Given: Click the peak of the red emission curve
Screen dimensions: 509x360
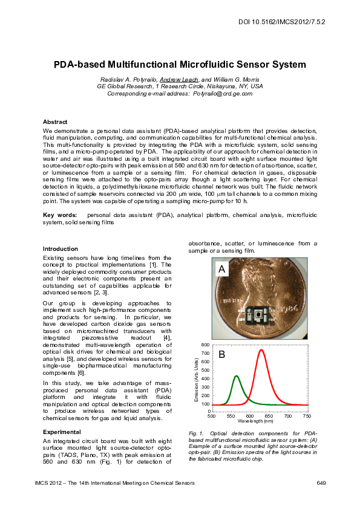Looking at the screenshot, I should click(261, 350).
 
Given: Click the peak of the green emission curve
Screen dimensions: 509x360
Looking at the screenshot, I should click(236, 376).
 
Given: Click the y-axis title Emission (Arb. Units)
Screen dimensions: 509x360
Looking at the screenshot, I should click(197, 380).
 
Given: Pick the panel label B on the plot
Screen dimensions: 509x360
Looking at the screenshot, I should click(221, 355).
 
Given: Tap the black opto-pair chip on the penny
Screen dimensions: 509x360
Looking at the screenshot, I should click(260, 315).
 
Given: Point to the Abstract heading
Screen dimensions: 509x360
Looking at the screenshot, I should click(55, 122).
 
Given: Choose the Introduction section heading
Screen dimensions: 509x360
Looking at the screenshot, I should click(61, 248).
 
